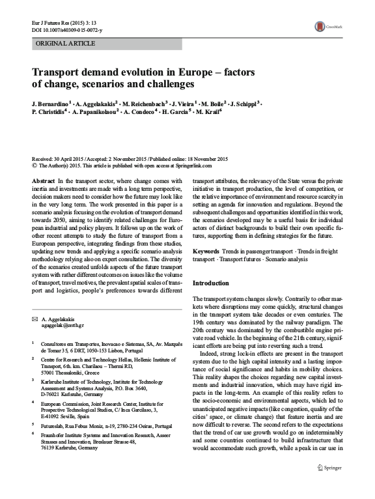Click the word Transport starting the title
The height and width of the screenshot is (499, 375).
coord(59,74)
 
